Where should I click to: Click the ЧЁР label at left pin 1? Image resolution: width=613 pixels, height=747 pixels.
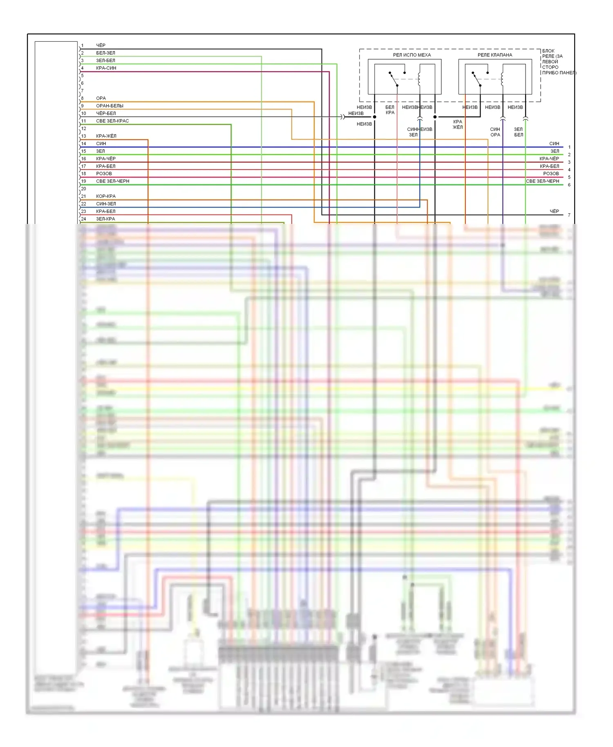(101, 45)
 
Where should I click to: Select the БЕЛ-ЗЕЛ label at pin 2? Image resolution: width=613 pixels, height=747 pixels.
(105, 53)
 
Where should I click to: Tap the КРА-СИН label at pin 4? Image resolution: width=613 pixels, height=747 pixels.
(106, 68)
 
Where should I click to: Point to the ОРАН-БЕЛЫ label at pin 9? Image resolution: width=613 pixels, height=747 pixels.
(110, 106)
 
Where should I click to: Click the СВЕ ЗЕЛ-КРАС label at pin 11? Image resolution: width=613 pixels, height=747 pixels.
(112, 121)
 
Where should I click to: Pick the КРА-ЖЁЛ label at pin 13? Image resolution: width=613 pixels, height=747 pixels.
(106, 136)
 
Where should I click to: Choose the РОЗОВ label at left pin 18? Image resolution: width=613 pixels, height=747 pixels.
(104, 174)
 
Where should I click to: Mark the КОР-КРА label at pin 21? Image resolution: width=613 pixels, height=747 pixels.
(105, 196)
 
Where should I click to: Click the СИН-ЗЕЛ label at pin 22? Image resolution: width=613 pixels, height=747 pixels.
(106, 204)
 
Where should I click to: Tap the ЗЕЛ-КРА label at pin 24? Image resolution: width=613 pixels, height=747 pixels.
(105, 219)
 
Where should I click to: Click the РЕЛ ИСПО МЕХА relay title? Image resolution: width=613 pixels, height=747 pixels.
(412, 55)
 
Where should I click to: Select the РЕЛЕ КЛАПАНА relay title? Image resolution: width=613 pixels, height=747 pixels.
(494, 55)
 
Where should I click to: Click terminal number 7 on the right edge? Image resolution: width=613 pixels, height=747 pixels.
(569, 215)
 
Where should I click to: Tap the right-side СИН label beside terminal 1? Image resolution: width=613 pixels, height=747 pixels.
(554, 144)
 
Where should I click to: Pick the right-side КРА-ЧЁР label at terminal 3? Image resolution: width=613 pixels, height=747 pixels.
(549, 159)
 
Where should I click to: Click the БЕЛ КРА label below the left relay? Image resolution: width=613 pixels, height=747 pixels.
(390, 110)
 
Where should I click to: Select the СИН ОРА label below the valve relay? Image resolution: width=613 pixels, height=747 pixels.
(495, 132)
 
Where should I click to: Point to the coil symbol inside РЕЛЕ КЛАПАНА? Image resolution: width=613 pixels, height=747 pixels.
(502, 78)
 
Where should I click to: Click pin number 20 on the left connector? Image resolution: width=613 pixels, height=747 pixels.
(84, 189)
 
